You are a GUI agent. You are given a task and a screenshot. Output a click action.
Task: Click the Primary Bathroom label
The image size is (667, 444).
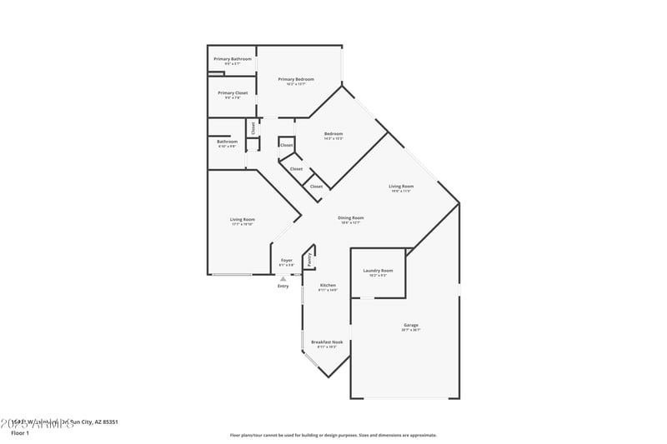(x=233, y=59)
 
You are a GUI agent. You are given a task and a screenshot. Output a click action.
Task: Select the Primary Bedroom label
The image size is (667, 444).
(x=296, y=79)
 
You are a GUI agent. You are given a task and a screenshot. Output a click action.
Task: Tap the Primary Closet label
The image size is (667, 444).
(x=233, y=93)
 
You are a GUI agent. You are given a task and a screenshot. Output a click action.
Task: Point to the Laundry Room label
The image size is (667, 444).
(x=378, y=271)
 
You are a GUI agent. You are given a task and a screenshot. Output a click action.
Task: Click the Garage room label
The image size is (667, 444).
(x=411, y=325)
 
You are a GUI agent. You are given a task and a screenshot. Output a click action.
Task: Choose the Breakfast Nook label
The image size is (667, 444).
(x=327, y=342)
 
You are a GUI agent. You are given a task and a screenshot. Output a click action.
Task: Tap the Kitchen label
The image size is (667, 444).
(x=328, y=286)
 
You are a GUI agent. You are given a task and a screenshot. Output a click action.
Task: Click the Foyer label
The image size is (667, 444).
(x=286, y=261)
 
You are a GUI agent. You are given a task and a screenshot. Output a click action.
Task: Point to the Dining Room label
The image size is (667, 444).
(x=351, y=218)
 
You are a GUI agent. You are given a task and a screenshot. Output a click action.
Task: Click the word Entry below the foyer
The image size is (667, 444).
(x=283, y=287)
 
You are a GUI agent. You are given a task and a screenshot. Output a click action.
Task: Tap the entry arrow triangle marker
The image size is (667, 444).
(x=283, y=278)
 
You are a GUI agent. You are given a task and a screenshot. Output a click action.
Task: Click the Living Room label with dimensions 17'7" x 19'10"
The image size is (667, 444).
(x=243, y=220)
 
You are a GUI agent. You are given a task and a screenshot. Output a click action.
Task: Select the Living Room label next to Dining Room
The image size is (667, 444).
(x=401, y=187)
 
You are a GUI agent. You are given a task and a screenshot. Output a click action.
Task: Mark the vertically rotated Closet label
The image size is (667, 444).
(x=253, y=127)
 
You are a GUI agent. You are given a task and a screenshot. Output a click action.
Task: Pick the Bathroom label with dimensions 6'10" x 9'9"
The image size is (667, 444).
(x=227, y=142)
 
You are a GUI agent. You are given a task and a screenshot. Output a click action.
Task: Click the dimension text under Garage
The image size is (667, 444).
(x=411, y=330)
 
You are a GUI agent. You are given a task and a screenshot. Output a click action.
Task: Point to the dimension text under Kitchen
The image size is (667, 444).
(x=328, y=291)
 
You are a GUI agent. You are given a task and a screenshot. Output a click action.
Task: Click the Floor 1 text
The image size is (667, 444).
(x=20, y=433)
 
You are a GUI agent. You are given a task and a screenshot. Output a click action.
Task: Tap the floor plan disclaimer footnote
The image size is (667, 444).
(x=333, y=435)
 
